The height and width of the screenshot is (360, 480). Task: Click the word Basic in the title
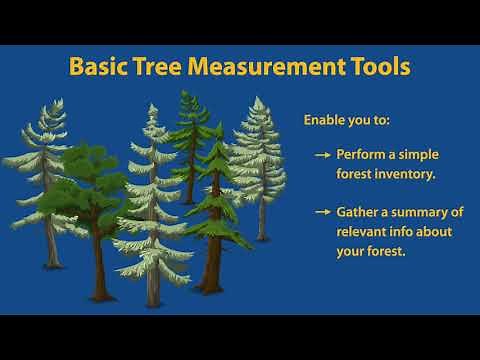pyautogui.click(x=99, y=68)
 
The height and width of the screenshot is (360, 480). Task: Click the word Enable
pyautogui.click(x=326, y=120)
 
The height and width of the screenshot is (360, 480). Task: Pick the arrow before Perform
pyautogui.click(x=322, y=156)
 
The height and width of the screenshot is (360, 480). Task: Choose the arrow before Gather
pyautogui.click(x=322, y=213)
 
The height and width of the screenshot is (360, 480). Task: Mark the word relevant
pyautogui.click(x=362, y=232)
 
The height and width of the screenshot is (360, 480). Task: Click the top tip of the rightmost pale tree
pyautogui.click(x=259, y=98)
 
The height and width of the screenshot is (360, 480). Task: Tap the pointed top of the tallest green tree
pyautogui.click(x=185, y=92)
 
